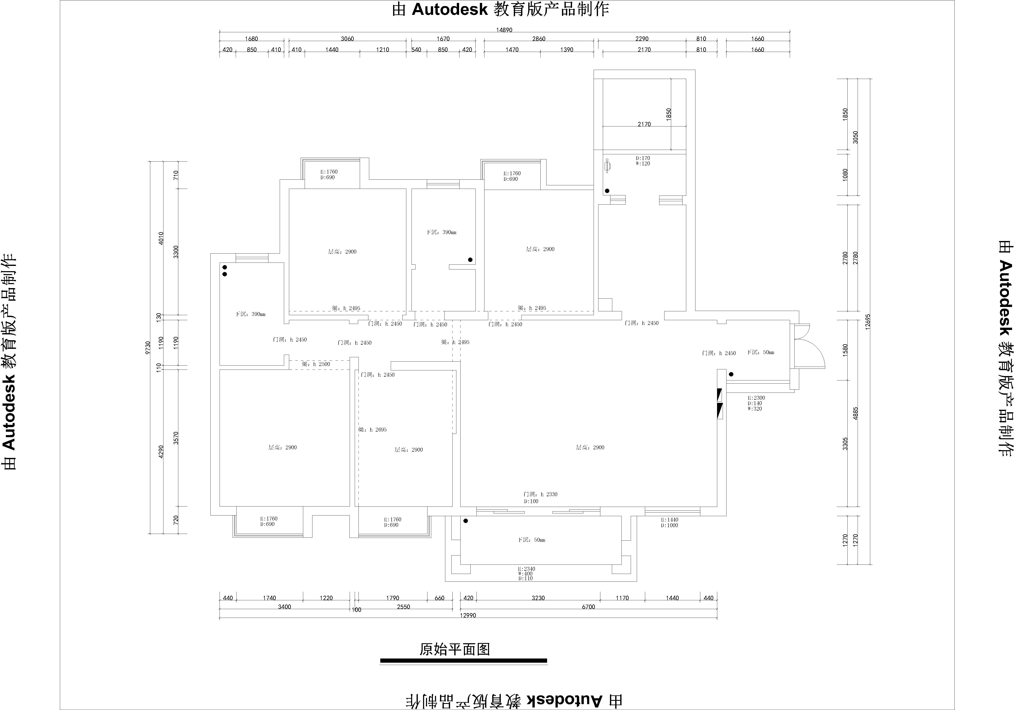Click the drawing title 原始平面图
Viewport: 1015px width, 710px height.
(454, 649)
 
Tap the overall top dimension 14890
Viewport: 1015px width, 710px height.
(504, 30)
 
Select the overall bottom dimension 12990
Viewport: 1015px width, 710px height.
(468, 615)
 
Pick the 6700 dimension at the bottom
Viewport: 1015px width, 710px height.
(588, 607)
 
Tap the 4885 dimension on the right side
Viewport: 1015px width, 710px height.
(855, 413)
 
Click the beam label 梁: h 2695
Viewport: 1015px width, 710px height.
(372, 429)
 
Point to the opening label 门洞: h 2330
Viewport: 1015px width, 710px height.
(540, 494)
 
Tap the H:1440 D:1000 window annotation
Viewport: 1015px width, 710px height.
(669, 523)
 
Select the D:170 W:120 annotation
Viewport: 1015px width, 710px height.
(643, 161)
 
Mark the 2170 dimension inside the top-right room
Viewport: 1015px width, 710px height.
(644, 124)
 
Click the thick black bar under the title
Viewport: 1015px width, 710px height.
(463, 661)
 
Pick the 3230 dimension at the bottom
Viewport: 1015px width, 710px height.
(538, 598)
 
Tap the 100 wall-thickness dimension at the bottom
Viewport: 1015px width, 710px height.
(356, 610)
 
